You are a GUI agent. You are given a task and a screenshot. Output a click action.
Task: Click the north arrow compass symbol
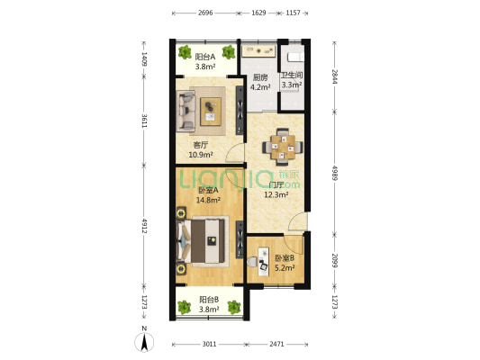pyautogui.click(x=144, y=341)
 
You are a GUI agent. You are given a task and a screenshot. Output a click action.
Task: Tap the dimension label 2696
pyautogui.click(x=205, y=13)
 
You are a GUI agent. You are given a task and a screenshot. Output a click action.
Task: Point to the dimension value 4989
pyautogui.click(x=335, y=173)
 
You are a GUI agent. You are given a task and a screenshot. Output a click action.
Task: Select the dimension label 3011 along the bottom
pyautogui.click(x=209, y=345)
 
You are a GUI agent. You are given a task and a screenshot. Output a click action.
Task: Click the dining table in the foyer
pyautogui.click(x=283, y=147)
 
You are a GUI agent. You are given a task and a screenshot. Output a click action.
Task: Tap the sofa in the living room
pyautogui.click(x=186, y=112)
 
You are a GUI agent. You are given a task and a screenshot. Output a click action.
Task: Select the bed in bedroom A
pyautogui.click(x=203, y=241)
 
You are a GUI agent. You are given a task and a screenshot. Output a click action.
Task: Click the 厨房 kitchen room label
pyautogui.click(x=260, y=77)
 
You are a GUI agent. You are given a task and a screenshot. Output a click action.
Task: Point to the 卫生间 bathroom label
pyautogui.click(x=292, y=76)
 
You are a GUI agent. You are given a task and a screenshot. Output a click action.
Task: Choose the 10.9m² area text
pyautogui.click(x=201, y=155)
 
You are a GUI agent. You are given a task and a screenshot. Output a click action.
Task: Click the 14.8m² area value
pyautogui.click(x=208, y=201)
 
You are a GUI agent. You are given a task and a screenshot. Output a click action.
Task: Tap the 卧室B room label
pyautogui.click(x=285, y=258)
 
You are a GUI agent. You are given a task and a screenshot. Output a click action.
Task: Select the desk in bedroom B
pyautogui.click(x=263, y=262)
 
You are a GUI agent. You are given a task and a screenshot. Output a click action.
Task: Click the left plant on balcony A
pyautogui.click(x=185, y=52)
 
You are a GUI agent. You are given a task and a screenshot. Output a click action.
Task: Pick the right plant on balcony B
pyautogui.click(x=234, y=307)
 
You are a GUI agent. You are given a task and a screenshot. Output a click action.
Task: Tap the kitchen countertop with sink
pyautogui.click(x=258, y=51)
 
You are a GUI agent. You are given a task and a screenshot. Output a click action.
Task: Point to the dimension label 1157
pyautogui.click(x=293, y=13)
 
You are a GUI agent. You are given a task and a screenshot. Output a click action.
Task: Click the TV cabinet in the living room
pyautogui.click(x=240, y=111)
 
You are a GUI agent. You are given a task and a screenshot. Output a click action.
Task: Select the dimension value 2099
pyautogui.click(x=335, y=260)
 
